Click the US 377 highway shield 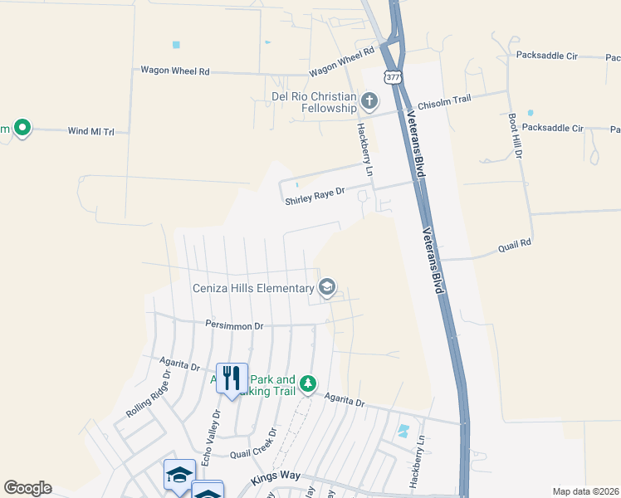pyautogui.click(x=393, y=76)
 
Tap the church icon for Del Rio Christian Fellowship pyautogui.click(x=369, y=102)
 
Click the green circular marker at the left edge pyautogui.click(x=22, y=128)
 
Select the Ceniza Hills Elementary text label pyautogui.click(x=252, y=289)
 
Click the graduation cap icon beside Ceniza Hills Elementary pyautogui.click(x=327, y=287)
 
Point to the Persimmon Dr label pyautogui.click(x=234, y=326)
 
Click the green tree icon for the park pyautogui.click(x=308, y=383)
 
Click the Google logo pyautogui.click(x=27, y=488)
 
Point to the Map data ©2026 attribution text pyautogui.click(x=585, y=491)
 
